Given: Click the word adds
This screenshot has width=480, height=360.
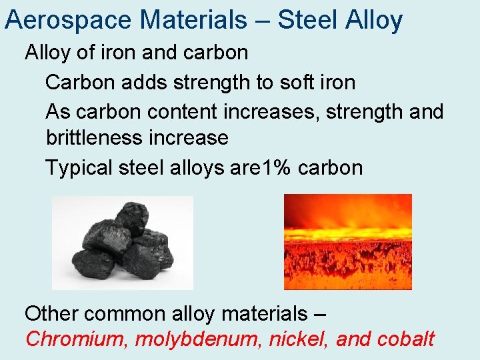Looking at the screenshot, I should (144, 83).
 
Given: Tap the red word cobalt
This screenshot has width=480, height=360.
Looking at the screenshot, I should (405, 339).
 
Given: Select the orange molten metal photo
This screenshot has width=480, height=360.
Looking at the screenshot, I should (347, 241).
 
